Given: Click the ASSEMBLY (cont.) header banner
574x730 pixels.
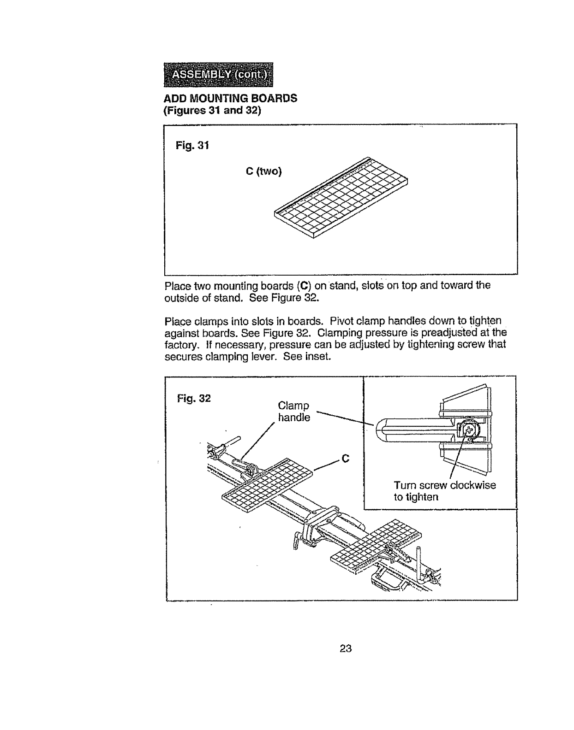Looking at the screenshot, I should click(x=218, y=75).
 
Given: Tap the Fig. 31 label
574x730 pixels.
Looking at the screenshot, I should click(x=192, y=147).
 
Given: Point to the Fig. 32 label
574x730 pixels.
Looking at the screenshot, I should click(x=194, y=398).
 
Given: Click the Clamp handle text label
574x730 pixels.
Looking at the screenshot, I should click(x=294, y=412).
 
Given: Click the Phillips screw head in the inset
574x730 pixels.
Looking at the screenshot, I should click(x=469, y=430).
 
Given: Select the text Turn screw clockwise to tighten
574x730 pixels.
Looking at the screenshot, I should click(x=444, y=491).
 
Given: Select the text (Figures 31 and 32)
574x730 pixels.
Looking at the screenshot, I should click(x=213, y=111).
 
